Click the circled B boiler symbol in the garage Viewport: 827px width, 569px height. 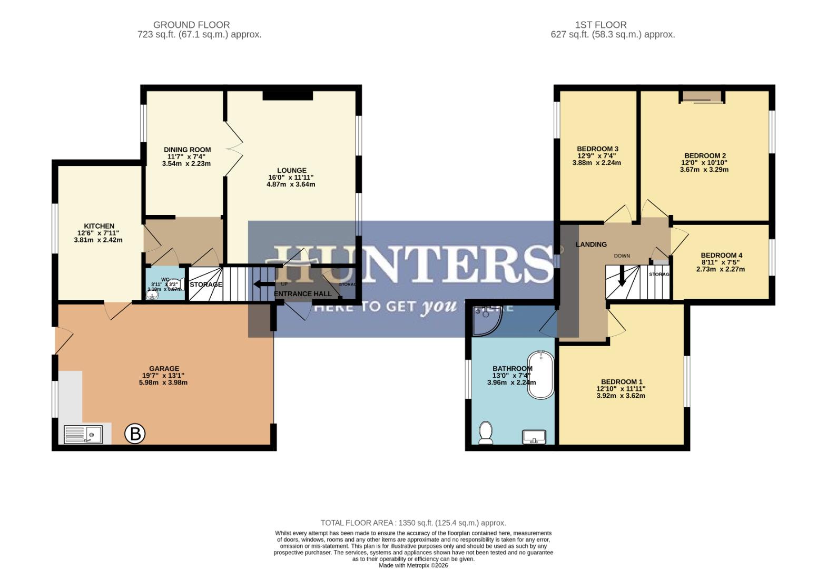pyautogui.click(x=135, y=434)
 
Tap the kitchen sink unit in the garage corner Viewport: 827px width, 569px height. pyautogui.click(x=83, y=435)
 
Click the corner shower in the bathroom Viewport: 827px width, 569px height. pyautogui.click(x=486, y=320)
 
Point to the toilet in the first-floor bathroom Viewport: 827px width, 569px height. pyautogui.click(x=486, y=432)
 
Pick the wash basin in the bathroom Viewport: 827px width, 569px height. pyautogui.click(x=534, y=437)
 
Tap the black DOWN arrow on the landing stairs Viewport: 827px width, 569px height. pyautogui.click(x=622, y=276)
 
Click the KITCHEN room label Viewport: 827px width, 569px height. pyautogui.click(x=99, y=226)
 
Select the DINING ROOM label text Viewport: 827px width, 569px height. pyautogui.click(x=187, y=150)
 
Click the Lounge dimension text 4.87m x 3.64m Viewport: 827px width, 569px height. pyautogui.click(x=291, y=184)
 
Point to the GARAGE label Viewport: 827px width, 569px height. pyautogui.click(x=164, y=369)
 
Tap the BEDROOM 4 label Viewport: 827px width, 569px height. pyautogui.click(x=721, y=255)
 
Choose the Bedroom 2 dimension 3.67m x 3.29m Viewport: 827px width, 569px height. pyautogui.click(x=704, y=170)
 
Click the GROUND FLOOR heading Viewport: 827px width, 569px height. pyautogui.click(x=191, y=25)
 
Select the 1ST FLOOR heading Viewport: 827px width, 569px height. pyautogui.click(x=600, y=25)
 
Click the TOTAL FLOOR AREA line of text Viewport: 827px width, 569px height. pyautogui.click(x=413, y=523)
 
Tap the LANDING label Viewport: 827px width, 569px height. pyautogui.click(x=591, y=244)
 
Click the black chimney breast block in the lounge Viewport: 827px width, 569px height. pyautogui.click(x=288, y=95)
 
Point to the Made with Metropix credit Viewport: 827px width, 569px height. pyautogui.click(x=413, y=565)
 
